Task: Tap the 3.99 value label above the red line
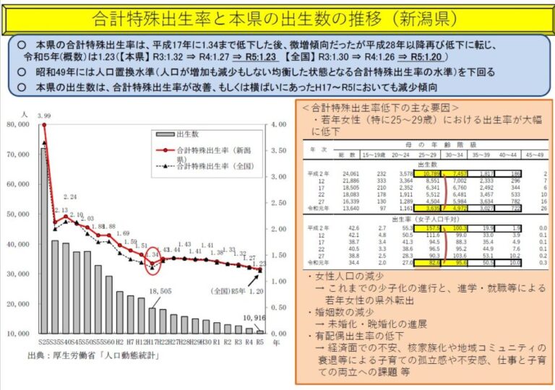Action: point(44,116)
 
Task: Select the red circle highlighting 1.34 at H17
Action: point(152,261)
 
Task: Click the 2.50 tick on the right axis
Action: point(280,202)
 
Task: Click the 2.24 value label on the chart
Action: point(70,196)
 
